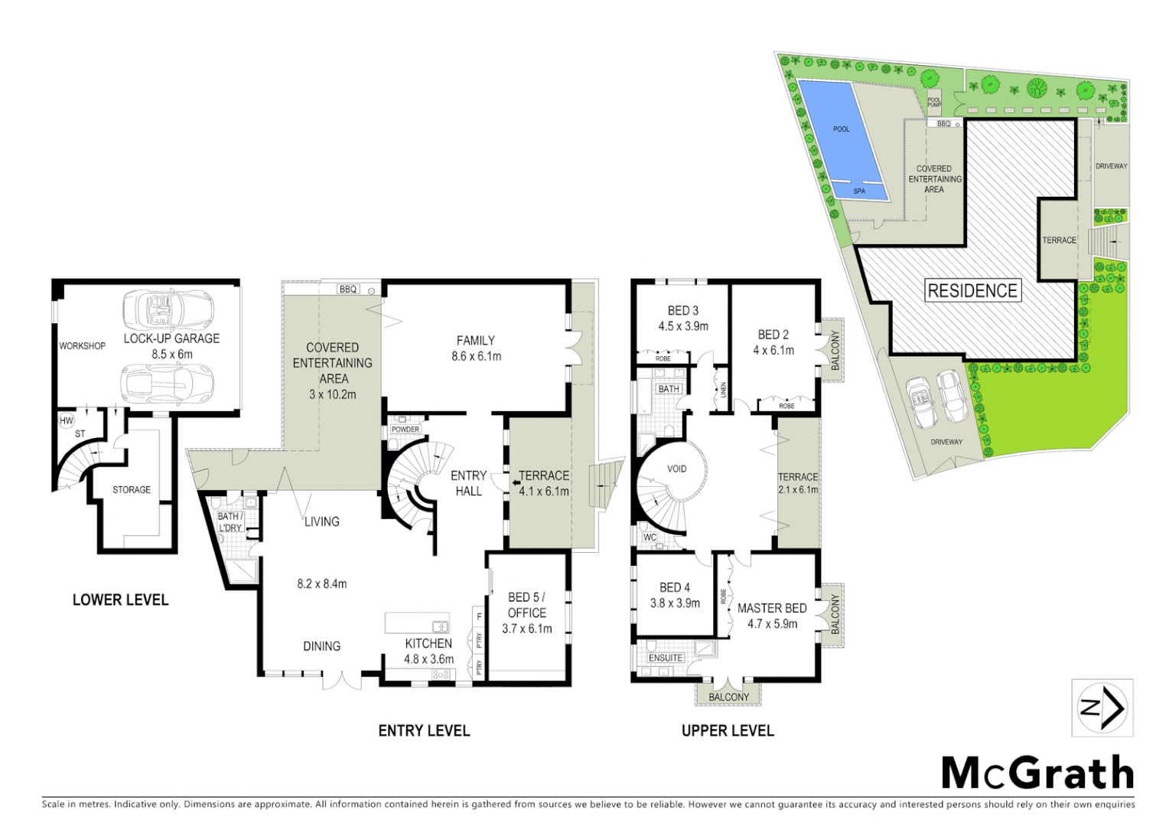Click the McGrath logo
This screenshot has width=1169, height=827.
(1037, 773)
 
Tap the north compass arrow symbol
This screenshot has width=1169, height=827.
(1102, 708)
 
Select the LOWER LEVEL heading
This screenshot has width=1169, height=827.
(120, 600)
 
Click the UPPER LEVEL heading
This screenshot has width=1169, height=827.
(728, 731)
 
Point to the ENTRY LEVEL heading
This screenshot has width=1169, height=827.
(424, 731)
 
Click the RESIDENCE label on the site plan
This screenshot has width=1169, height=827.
(972, 291)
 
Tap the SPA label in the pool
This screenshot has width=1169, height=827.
(859, 191)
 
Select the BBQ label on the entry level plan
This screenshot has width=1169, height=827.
(348, 289)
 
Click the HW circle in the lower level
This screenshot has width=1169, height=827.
(67, 420)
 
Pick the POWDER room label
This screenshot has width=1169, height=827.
(405, 430)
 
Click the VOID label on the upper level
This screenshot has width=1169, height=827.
(677, 469)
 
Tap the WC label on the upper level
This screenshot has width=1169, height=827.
(650, 538)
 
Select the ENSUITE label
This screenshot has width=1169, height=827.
(665, 658)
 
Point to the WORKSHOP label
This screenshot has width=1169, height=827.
(83, 346)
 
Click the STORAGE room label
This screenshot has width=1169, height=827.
(132, 489)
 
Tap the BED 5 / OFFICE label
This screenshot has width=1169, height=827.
(526, 604)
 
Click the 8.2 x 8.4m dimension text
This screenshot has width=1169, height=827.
(322, 583)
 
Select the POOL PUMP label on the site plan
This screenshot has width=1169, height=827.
(934, 102)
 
